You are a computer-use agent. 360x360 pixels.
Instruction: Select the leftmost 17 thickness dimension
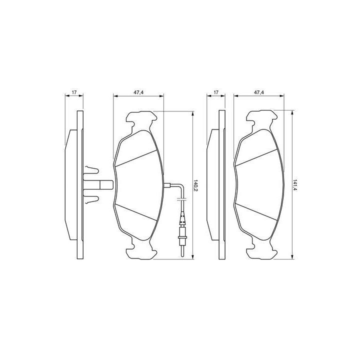74,92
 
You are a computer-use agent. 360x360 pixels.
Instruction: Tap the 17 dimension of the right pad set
216,92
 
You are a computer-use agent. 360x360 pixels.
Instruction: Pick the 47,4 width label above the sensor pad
138,92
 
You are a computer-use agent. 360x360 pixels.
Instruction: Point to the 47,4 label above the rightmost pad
259,92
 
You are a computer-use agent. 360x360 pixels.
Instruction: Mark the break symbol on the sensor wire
182,199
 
